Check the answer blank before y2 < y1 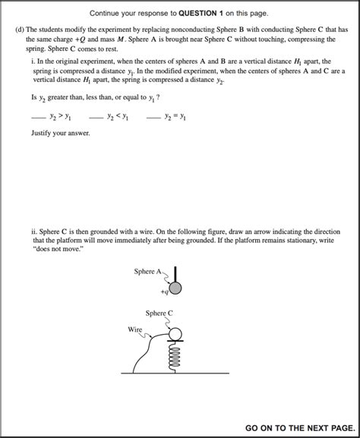pyautogui.click(x=95, y=117)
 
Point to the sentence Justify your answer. pyautogui.click(x=60, y=134)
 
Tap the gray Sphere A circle pyautogui.click(x=175, y=288)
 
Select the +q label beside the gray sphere pyautogui.click(x=163, y=291)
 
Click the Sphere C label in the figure pyautogui.click(x=159, y=313)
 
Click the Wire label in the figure pyautogui.click(x=134, y=329)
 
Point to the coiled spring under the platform pyautogui.click(x=175, y=357)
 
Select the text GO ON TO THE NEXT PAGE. pyautogui.click(x=299, y=428)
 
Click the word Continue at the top pyautogui.click(x=107, y=14)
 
